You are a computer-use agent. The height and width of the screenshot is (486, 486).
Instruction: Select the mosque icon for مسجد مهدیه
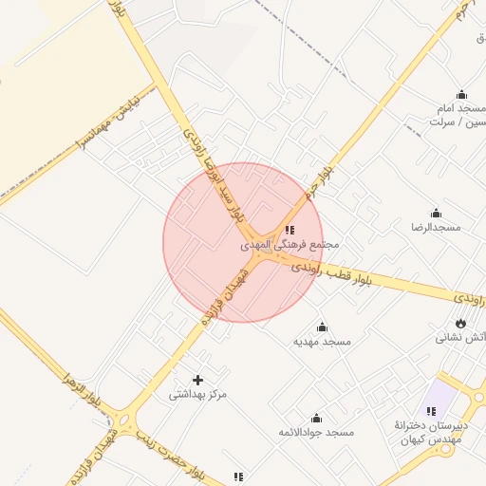(x=322, y=327)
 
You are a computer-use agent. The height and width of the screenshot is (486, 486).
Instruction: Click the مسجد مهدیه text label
(x=322, y=341)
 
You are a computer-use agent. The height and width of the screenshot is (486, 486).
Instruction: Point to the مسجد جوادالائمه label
(x=317, y=432)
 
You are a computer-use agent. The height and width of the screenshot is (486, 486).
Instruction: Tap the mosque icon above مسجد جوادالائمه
(x=316, y=418)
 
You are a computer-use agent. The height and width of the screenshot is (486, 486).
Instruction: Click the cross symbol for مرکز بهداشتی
(x=198, y=380)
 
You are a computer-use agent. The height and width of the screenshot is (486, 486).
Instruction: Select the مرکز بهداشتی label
(x=198, y=394)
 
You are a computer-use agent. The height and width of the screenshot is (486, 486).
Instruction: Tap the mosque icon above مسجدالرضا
(x=435, y=213)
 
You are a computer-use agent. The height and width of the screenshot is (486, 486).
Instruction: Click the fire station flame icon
(x=461, y=323)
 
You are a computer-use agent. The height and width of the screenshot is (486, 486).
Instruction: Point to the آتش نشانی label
(x=461, y=337)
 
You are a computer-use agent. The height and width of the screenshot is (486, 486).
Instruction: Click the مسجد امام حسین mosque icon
(x=461, y=94)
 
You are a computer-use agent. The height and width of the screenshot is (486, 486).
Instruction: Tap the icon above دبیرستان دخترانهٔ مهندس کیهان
(x=431, y=411)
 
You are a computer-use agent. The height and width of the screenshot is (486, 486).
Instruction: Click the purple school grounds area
(x=442, y=392)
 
